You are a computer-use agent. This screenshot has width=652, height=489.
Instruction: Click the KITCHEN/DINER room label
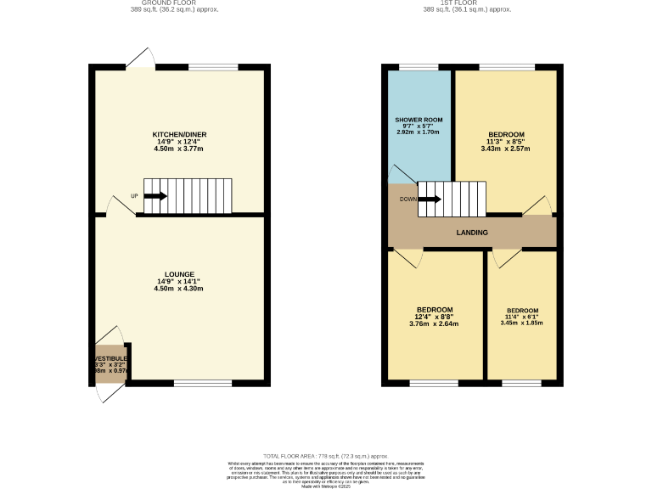(x=179, y=135)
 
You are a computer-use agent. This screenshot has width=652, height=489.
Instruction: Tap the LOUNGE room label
(x=178, y=274)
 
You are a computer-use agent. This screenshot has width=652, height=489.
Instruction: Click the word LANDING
(x=471, y=232)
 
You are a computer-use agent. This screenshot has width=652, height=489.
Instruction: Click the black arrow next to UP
(x=155, y=196)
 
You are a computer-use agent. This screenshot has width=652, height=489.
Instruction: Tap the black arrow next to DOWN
(x=430, y=200)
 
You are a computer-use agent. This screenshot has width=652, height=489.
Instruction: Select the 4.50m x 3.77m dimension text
(x=178, y=149)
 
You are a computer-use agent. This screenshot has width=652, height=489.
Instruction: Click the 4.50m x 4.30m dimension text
(x=178, y=289)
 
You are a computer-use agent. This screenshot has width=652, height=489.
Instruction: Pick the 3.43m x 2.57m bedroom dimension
(x=505, y=149)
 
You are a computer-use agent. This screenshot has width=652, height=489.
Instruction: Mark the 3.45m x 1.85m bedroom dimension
(x=521, y=323)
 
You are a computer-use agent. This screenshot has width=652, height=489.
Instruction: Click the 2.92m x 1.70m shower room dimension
(x=418, y=132)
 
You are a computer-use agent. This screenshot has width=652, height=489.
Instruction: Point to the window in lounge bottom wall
(x=203, y=383)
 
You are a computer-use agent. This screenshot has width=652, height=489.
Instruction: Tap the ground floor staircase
(x=188, y=196)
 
